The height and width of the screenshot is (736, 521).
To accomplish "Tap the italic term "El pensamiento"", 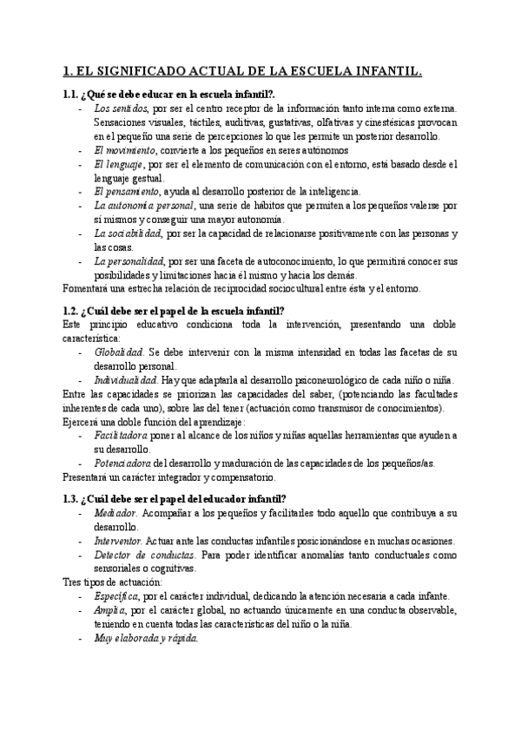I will point(126,191).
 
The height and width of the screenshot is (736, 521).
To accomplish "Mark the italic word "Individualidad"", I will point(125,380).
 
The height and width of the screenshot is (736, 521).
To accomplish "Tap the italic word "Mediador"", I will point(115,513).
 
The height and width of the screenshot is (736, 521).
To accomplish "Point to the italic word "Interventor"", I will point(119,541).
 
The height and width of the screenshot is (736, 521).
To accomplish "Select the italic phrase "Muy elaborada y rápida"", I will point(145,638).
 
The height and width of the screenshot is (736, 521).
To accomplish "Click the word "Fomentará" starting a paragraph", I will point(90,287).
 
